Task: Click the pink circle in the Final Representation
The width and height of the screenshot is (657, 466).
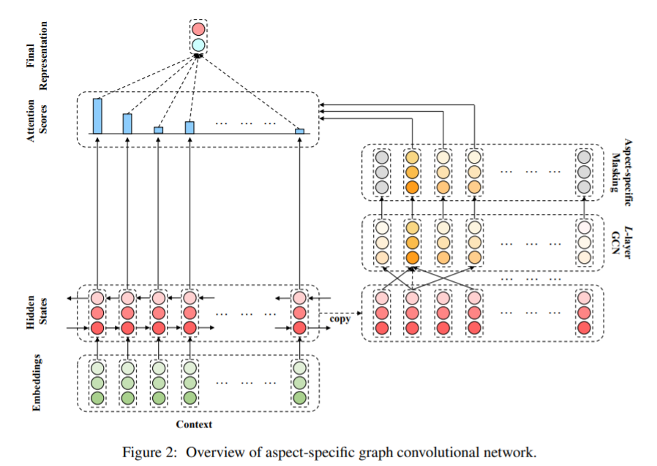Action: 198,30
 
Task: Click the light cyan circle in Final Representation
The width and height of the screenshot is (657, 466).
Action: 198,45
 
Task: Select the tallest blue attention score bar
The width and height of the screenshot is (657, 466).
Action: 97,115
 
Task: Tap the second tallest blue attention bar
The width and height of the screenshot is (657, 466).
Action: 127,123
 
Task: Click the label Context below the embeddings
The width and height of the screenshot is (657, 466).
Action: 194,424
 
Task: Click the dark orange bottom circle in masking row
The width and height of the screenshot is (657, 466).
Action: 412,187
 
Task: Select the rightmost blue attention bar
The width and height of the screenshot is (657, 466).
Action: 299,131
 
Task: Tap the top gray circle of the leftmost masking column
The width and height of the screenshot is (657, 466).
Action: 380,157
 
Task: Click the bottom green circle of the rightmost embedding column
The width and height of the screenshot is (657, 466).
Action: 299,398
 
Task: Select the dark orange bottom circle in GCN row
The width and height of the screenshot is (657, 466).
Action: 412,258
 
